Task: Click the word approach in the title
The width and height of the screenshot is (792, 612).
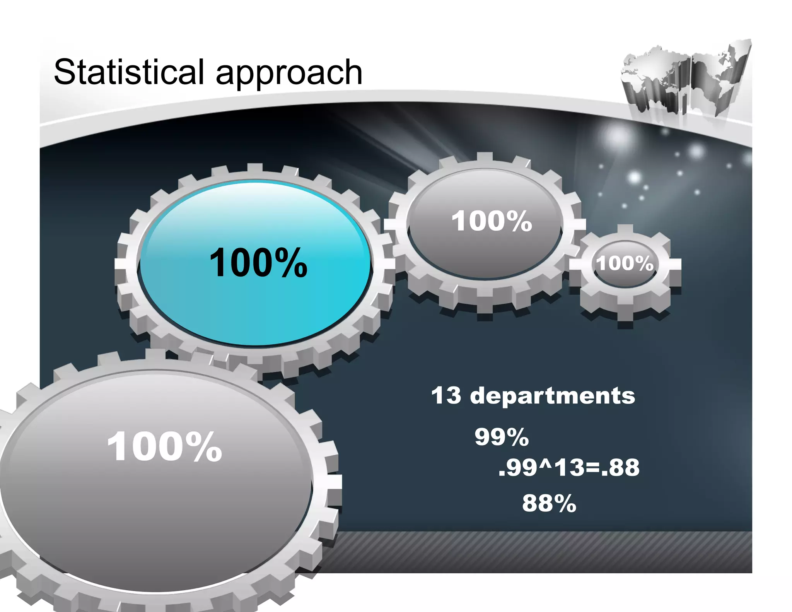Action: click(289, 74)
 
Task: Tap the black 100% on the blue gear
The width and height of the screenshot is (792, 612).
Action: click(258, 263)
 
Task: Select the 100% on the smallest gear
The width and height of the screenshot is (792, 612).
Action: click(625, 263)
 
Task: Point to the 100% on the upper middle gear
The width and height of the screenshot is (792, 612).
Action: click(492, 221)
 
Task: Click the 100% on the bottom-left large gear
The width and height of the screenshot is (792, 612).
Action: click(165, 447)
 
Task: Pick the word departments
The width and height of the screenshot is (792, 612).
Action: click(552, 396)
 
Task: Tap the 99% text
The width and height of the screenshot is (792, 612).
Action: click(502, 437)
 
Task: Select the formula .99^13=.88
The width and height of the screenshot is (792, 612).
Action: click(569, 467)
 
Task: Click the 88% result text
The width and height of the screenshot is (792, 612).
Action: click(549, 503)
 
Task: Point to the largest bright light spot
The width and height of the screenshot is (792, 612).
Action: click(619, 137)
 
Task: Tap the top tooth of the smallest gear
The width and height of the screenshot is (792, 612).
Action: click(625, 229)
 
